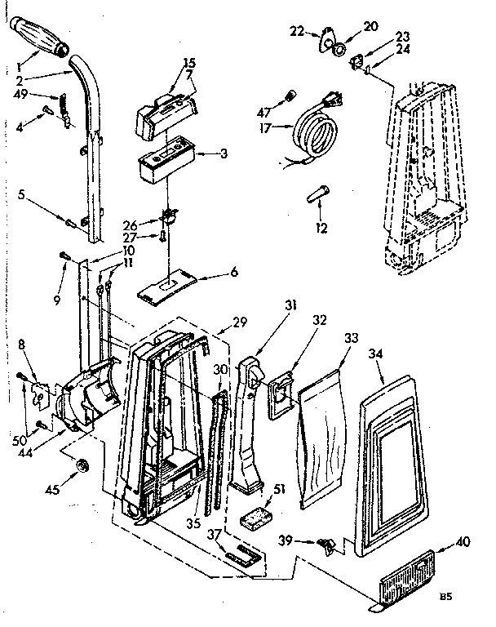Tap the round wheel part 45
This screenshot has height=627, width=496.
click(82, 467)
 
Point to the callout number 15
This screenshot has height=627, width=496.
click(189, 62)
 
